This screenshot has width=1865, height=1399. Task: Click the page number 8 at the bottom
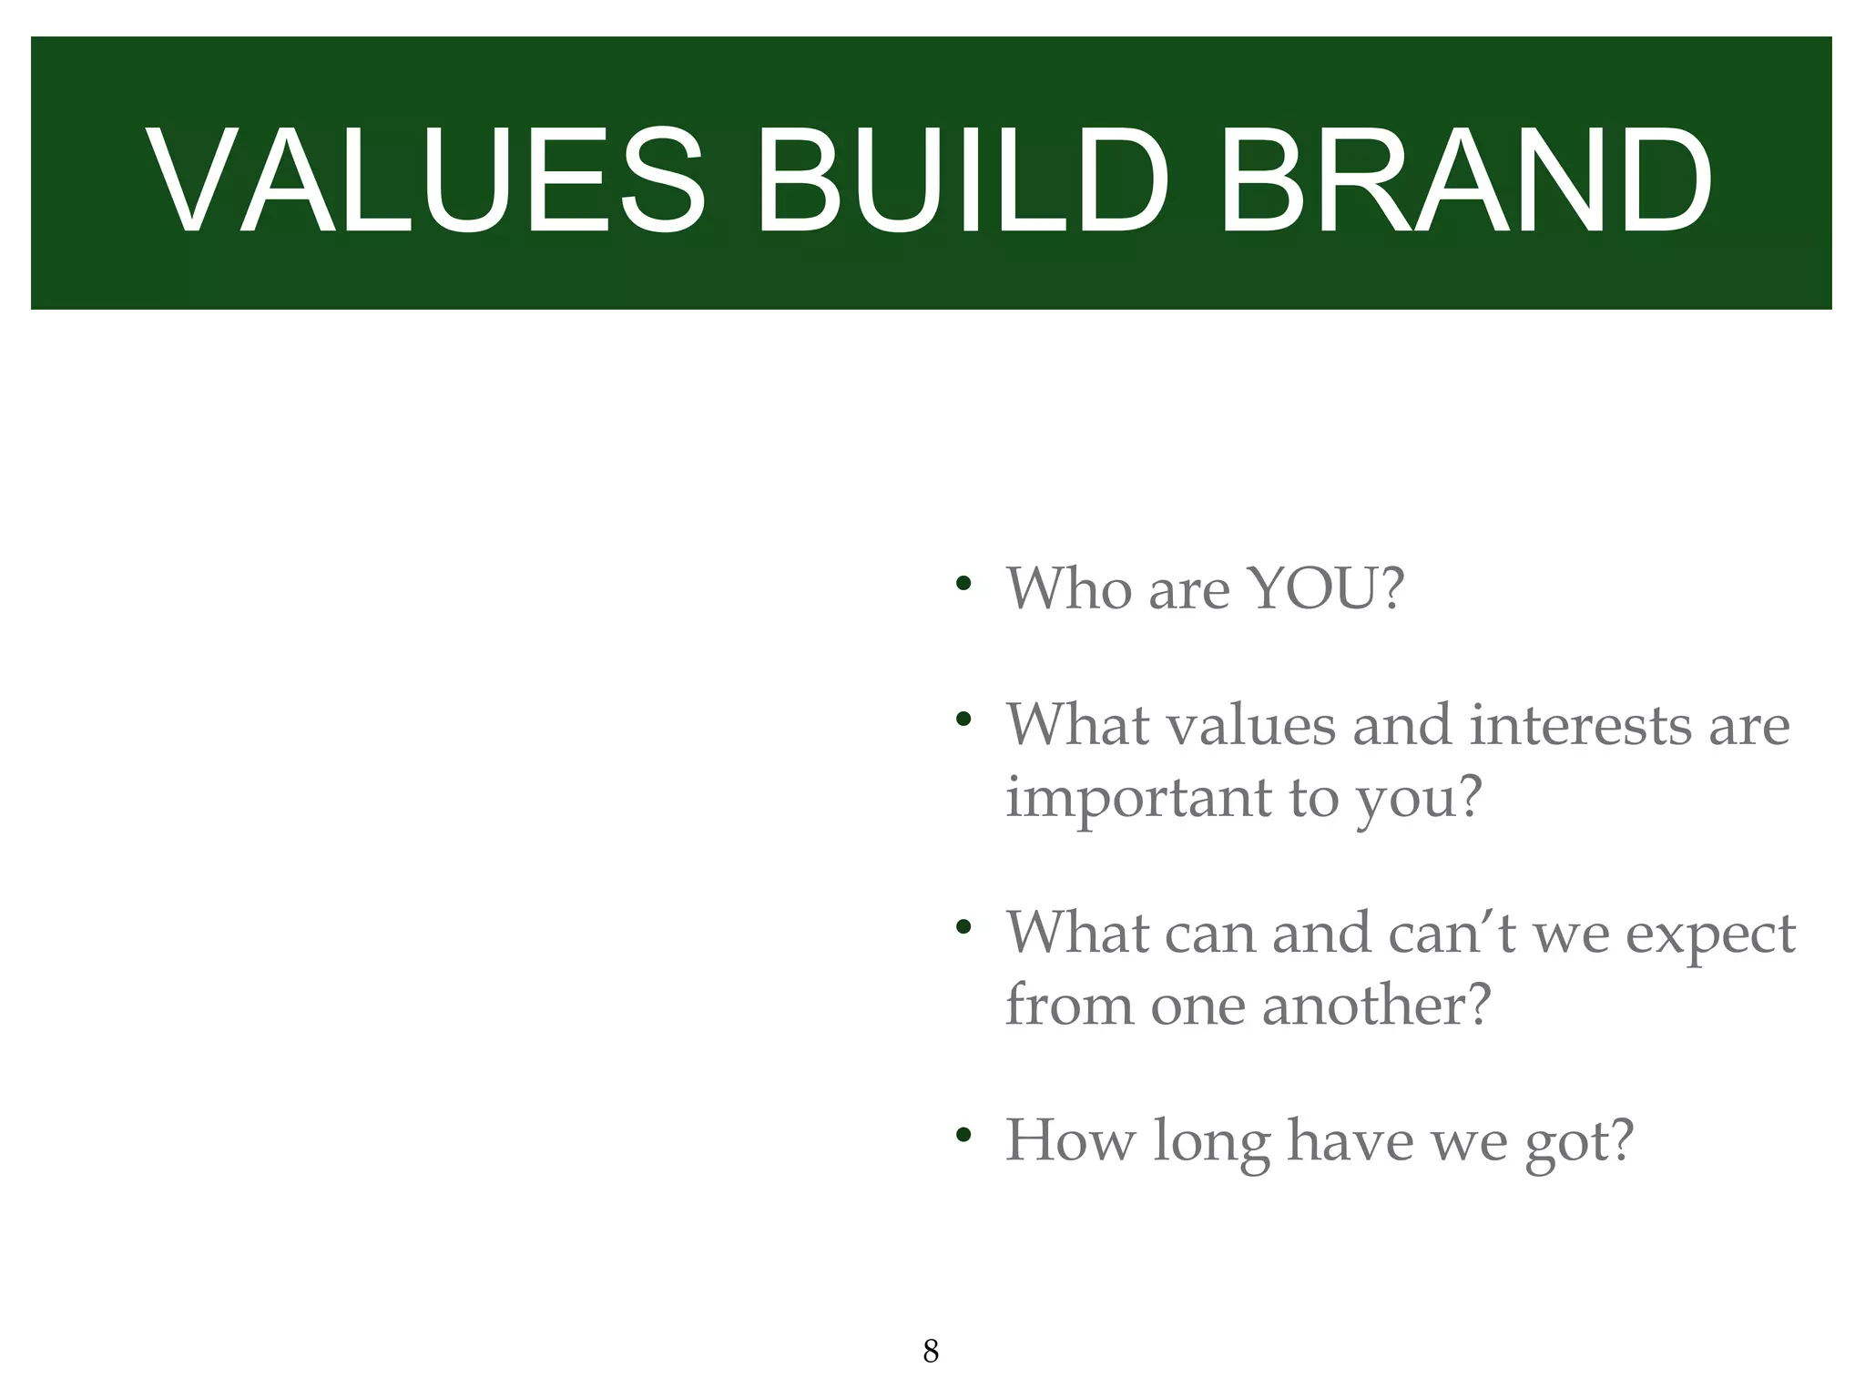[x=930, y=1351]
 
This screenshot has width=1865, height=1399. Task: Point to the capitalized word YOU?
[x=1326, y=588]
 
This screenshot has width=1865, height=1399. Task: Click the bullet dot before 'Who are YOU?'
[x=963, y=583]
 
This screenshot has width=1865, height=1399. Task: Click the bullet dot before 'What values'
[x=963, y=720]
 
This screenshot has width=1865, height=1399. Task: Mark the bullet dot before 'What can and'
[x=963, y=928]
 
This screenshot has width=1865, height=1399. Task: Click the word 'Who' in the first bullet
[x=1069, y=588]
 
